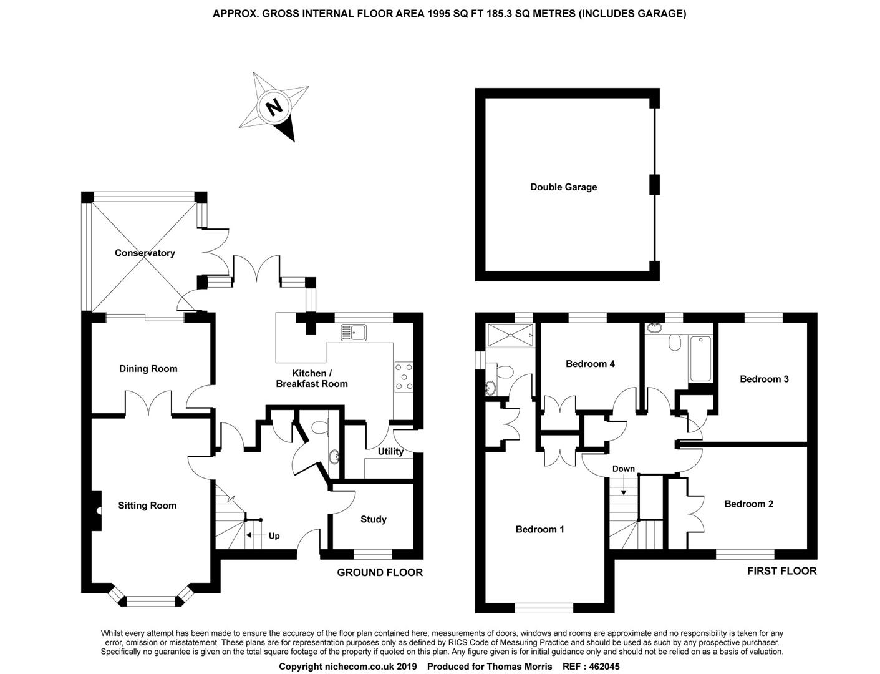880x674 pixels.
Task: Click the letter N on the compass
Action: point(273,107)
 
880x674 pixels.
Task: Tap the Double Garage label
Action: point(563,187)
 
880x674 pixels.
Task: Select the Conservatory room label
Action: point(145,253)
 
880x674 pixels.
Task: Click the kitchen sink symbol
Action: point(354,333)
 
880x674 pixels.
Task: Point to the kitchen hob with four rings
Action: point(404,376)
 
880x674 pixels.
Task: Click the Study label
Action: point(373,519)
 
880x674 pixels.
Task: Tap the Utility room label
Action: point(390,451)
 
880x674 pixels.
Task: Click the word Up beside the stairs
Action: point(274,535)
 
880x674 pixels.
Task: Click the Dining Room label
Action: point(148,369)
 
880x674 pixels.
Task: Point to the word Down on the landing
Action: point(623,469)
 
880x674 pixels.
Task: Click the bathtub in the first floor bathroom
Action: point(700,359)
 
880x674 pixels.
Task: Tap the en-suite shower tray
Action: point(511,333)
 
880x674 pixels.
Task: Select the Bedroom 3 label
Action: point(764,379)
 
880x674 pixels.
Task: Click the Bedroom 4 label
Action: point(590,364)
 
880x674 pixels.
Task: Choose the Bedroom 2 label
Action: point(748,504)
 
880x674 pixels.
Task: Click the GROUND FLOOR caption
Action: point(380,572)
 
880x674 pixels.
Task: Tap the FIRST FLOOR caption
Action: point(781,570)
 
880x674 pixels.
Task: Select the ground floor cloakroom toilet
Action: point(319,427)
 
